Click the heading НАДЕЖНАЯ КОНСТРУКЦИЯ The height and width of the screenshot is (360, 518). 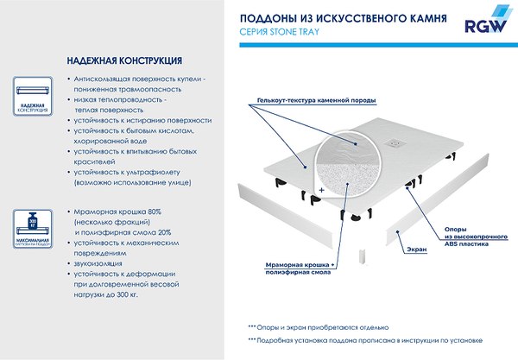click(x=123, y=61)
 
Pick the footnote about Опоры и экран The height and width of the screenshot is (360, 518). click(x=320, y=327)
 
